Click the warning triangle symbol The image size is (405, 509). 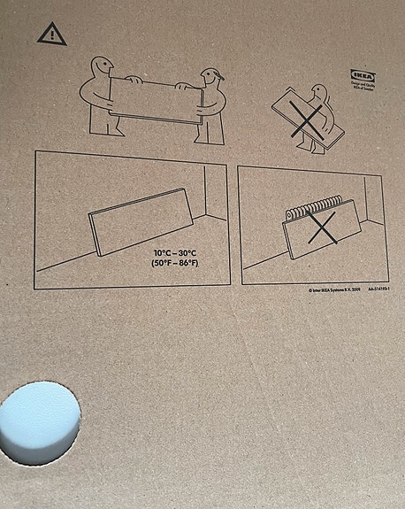pos(52,35)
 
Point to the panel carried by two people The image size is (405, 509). pos(155,99)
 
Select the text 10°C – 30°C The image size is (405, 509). pos(176,253)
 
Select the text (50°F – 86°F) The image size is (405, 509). pos(176,264)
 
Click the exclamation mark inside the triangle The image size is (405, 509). pos(52,35)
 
